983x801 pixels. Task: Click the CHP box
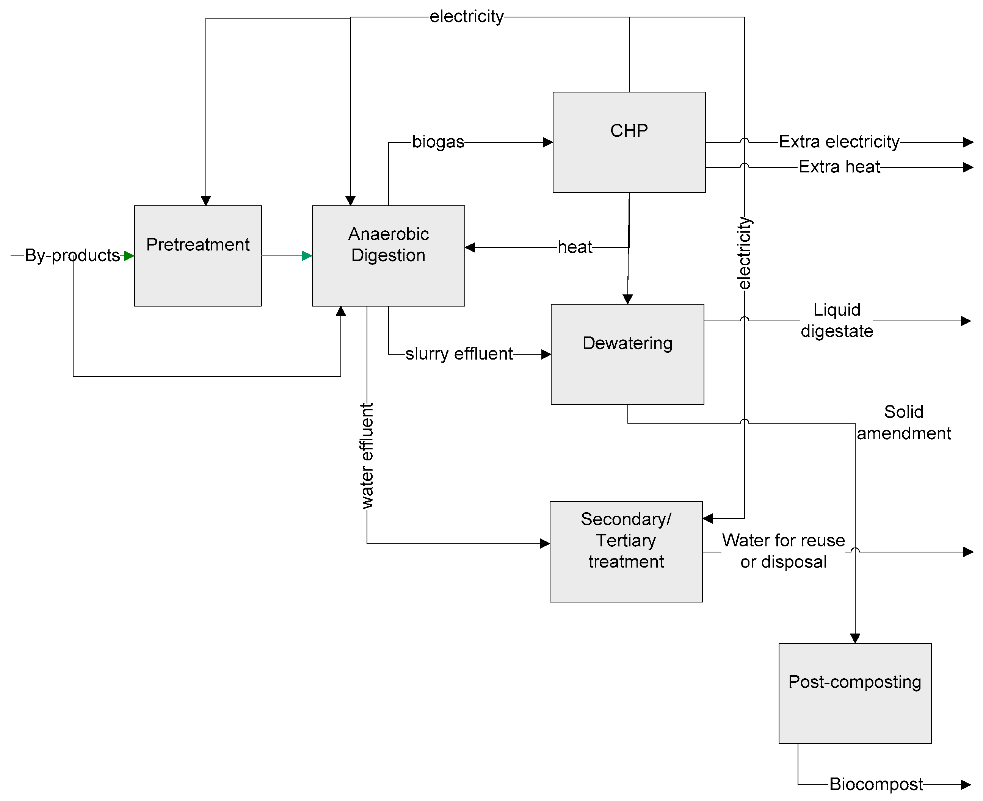[629, 142]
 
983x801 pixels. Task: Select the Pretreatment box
[198, 256]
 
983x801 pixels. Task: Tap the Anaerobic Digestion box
[388, 256]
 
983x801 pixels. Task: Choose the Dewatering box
[627, 354]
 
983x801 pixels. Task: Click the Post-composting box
[854, 693]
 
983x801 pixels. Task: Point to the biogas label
[438, 142]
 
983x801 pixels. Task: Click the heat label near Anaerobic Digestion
[574, 247]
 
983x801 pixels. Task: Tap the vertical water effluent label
[367, 456]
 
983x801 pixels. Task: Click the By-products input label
[72, 255]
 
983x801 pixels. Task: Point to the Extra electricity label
[839, 142]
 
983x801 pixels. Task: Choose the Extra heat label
[839, 167]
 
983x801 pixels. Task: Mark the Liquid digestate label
[836, 320]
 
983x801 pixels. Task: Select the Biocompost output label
[875, 784]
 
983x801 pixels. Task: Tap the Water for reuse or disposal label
[783, 551]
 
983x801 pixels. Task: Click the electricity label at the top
[466, 17]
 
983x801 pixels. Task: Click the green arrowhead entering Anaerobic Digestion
[307, 256]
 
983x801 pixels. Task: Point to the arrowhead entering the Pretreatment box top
[206, 200]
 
